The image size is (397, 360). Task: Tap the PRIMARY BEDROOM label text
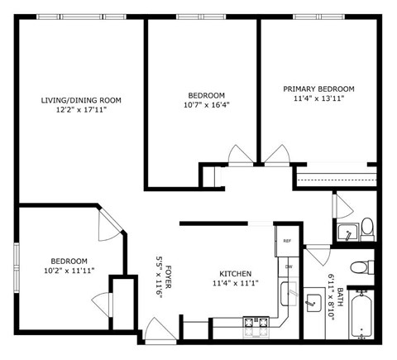click(x=318, y=89)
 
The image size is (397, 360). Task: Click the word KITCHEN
click(x=236, y=274)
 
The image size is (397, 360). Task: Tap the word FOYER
click(x=168, y=275)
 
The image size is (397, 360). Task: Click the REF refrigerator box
click(x=287, y=241)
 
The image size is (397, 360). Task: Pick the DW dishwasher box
click(x=288, y=266)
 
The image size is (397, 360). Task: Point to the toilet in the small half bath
click(x=367, y=227)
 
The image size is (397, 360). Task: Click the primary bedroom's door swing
click(x=274, y=155)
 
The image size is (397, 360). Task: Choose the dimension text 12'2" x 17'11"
click(x=81, y=109)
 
